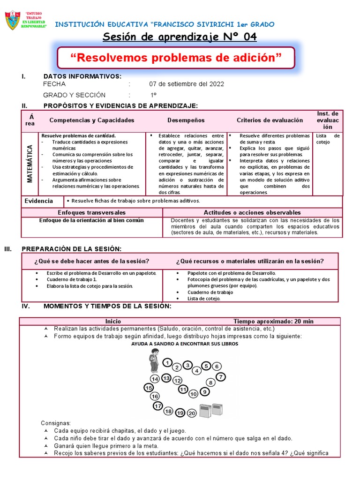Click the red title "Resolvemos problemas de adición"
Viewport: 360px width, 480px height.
[176, 58]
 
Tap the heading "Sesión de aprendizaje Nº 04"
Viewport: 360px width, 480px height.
[180, 37]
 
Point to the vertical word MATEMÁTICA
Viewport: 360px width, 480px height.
[30, 163]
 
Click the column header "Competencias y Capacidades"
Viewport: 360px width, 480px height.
[92, 120]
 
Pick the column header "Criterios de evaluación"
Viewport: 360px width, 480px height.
[270, 120]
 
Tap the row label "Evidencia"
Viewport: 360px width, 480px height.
[38, 201]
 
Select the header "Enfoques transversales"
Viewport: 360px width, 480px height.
[92, 213]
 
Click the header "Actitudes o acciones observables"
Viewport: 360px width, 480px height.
[252, 213]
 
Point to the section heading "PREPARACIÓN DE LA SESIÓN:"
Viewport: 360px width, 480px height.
[82, 248]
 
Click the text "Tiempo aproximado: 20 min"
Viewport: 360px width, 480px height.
[274, 322]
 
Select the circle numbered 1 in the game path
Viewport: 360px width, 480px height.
[167, 362]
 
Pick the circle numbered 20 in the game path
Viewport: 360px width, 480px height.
[192, 413]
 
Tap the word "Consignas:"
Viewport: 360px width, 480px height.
[56, 423]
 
